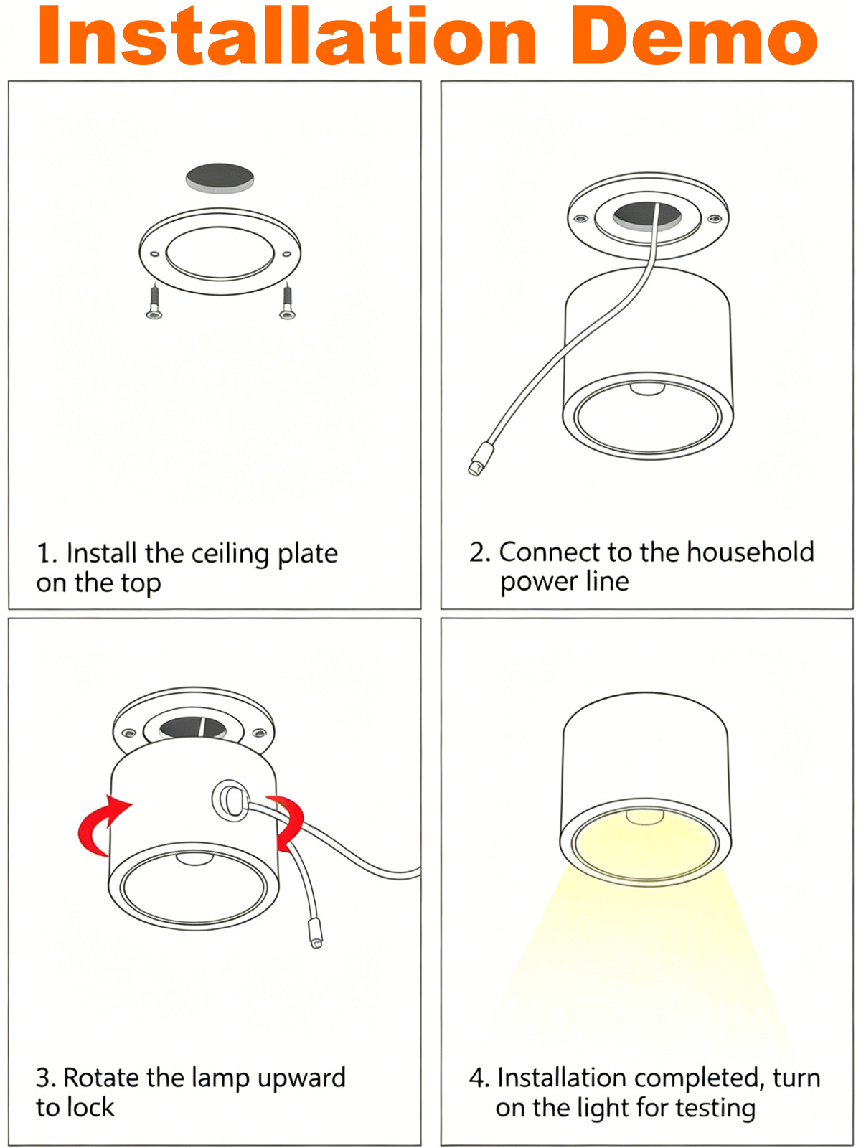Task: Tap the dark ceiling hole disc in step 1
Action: [x=220, y=178]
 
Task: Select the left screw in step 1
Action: [x=154, y=301]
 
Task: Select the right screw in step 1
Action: [x=287, y=301]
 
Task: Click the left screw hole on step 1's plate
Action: [x=155, y=254]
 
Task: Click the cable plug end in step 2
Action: [x=481, y=459]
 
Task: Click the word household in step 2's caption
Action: [x=751, y=552]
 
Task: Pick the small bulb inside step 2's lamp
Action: [x=646, y=389]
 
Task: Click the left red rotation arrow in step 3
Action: [x=101, y=827]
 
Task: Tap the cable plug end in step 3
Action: [x=315, y=932]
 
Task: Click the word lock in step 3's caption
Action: [x=91, y=1108]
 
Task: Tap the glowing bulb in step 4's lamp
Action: [x=645, y=817]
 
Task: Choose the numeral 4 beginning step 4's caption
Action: [x=476, y=1078]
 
